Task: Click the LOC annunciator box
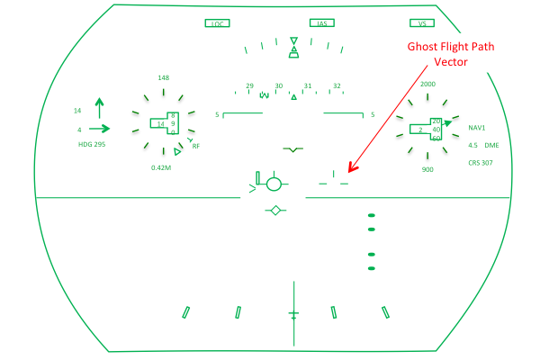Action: coord(217,23)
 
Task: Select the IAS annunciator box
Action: coord(322,22)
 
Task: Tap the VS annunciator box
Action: coord(422,22)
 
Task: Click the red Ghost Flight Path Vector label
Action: coord(451,54)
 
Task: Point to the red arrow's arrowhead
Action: coord(352,168)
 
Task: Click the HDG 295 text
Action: coord(92,144)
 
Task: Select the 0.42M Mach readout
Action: coord(161,167)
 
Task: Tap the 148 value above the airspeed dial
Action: coord(163,78)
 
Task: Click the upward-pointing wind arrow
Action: coord(100,108)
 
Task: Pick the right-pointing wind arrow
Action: coord(99,129)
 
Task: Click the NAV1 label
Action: coord(477,128)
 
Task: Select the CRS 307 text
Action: coord(481,163)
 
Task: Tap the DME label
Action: coord(491,146)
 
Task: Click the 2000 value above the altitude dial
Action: coord(427,84)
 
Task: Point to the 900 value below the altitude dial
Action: coord(427,169)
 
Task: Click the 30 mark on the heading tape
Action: coord(279,85)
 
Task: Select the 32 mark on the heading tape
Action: coord(337,85)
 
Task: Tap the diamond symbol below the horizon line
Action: coord(275,210)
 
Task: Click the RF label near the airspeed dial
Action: coord(195,147)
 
